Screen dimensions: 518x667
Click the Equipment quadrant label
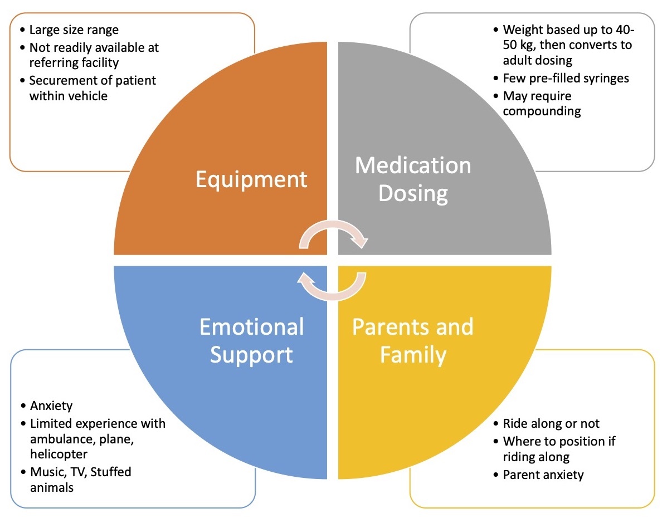[251, 179]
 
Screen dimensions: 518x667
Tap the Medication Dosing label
[413, 179]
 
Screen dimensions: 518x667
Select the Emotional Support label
[251, 340]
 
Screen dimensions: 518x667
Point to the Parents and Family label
[413, 340]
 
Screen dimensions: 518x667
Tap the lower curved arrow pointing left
[333, 284]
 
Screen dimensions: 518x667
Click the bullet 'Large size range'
[74, 30]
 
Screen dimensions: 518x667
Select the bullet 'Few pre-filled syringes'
[566, 78]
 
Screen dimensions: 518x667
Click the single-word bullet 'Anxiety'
[51, 405]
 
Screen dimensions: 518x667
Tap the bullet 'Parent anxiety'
[543, 475]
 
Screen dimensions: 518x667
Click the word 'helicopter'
[59, 455]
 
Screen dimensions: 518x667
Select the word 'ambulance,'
[61, 439]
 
